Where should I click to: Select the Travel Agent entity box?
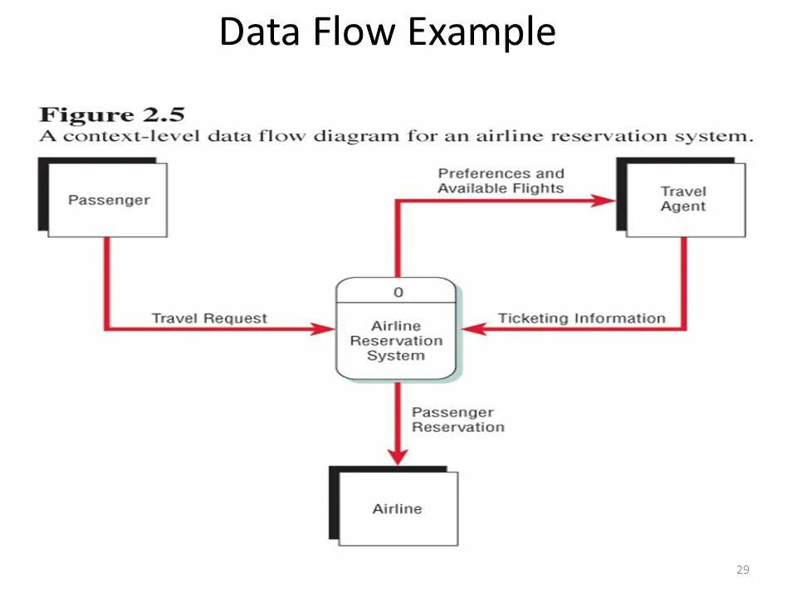[682, 197]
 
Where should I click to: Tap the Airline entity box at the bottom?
[394, 506]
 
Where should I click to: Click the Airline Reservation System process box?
[396, 328]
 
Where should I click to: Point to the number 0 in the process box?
[398, 293]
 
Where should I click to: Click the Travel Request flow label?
[209, 318]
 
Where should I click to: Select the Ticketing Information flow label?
[581, 318]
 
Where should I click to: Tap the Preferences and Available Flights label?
[501, 181]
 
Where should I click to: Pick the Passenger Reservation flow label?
[458, 420]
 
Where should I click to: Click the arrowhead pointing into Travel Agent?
[604, 201]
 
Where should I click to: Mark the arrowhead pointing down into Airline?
[398, 457]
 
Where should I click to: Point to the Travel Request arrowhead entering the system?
[323, 328]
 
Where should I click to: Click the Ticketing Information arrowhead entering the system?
[474, 328]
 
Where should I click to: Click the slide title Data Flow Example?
[388, 32]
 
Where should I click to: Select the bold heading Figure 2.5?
[112, 114]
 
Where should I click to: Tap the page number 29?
[742, 570]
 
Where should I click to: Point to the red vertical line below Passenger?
[107, 284]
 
